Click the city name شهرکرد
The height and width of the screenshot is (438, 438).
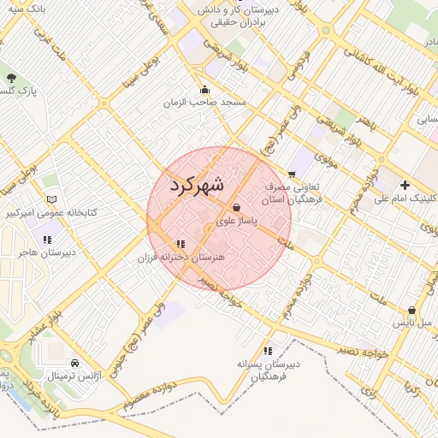[196, 186]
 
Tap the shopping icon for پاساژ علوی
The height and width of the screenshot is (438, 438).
[237, 207]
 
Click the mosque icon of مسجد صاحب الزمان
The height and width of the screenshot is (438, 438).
[205, 89]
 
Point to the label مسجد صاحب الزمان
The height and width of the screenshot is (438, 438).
[205, 102]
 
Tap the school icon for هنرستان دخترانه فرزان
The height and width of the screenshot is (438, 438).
[181, 244]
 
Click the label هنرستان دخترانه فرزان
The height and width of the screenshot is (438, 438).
[181, 257]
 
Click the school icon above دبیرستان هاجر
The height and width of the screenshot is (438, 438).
[48, 240]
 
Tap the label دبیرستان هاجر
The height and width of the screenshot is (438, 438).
[48, 252]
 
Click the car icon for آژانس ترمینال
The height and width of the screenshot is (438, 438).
[74, 363]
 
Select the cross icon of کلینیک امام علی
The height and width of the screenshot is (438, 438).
[405, 185]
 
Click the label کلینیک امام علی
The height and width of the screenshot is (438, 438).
[405, 198]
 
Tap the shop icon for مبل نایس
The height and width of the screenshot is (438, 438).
[411, 311]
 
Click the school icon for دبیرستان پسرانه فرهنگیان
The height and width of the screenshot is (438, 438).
[269, 351]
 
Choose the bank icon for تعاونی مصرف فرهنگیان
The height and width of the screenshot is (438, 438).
[291, 173]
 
